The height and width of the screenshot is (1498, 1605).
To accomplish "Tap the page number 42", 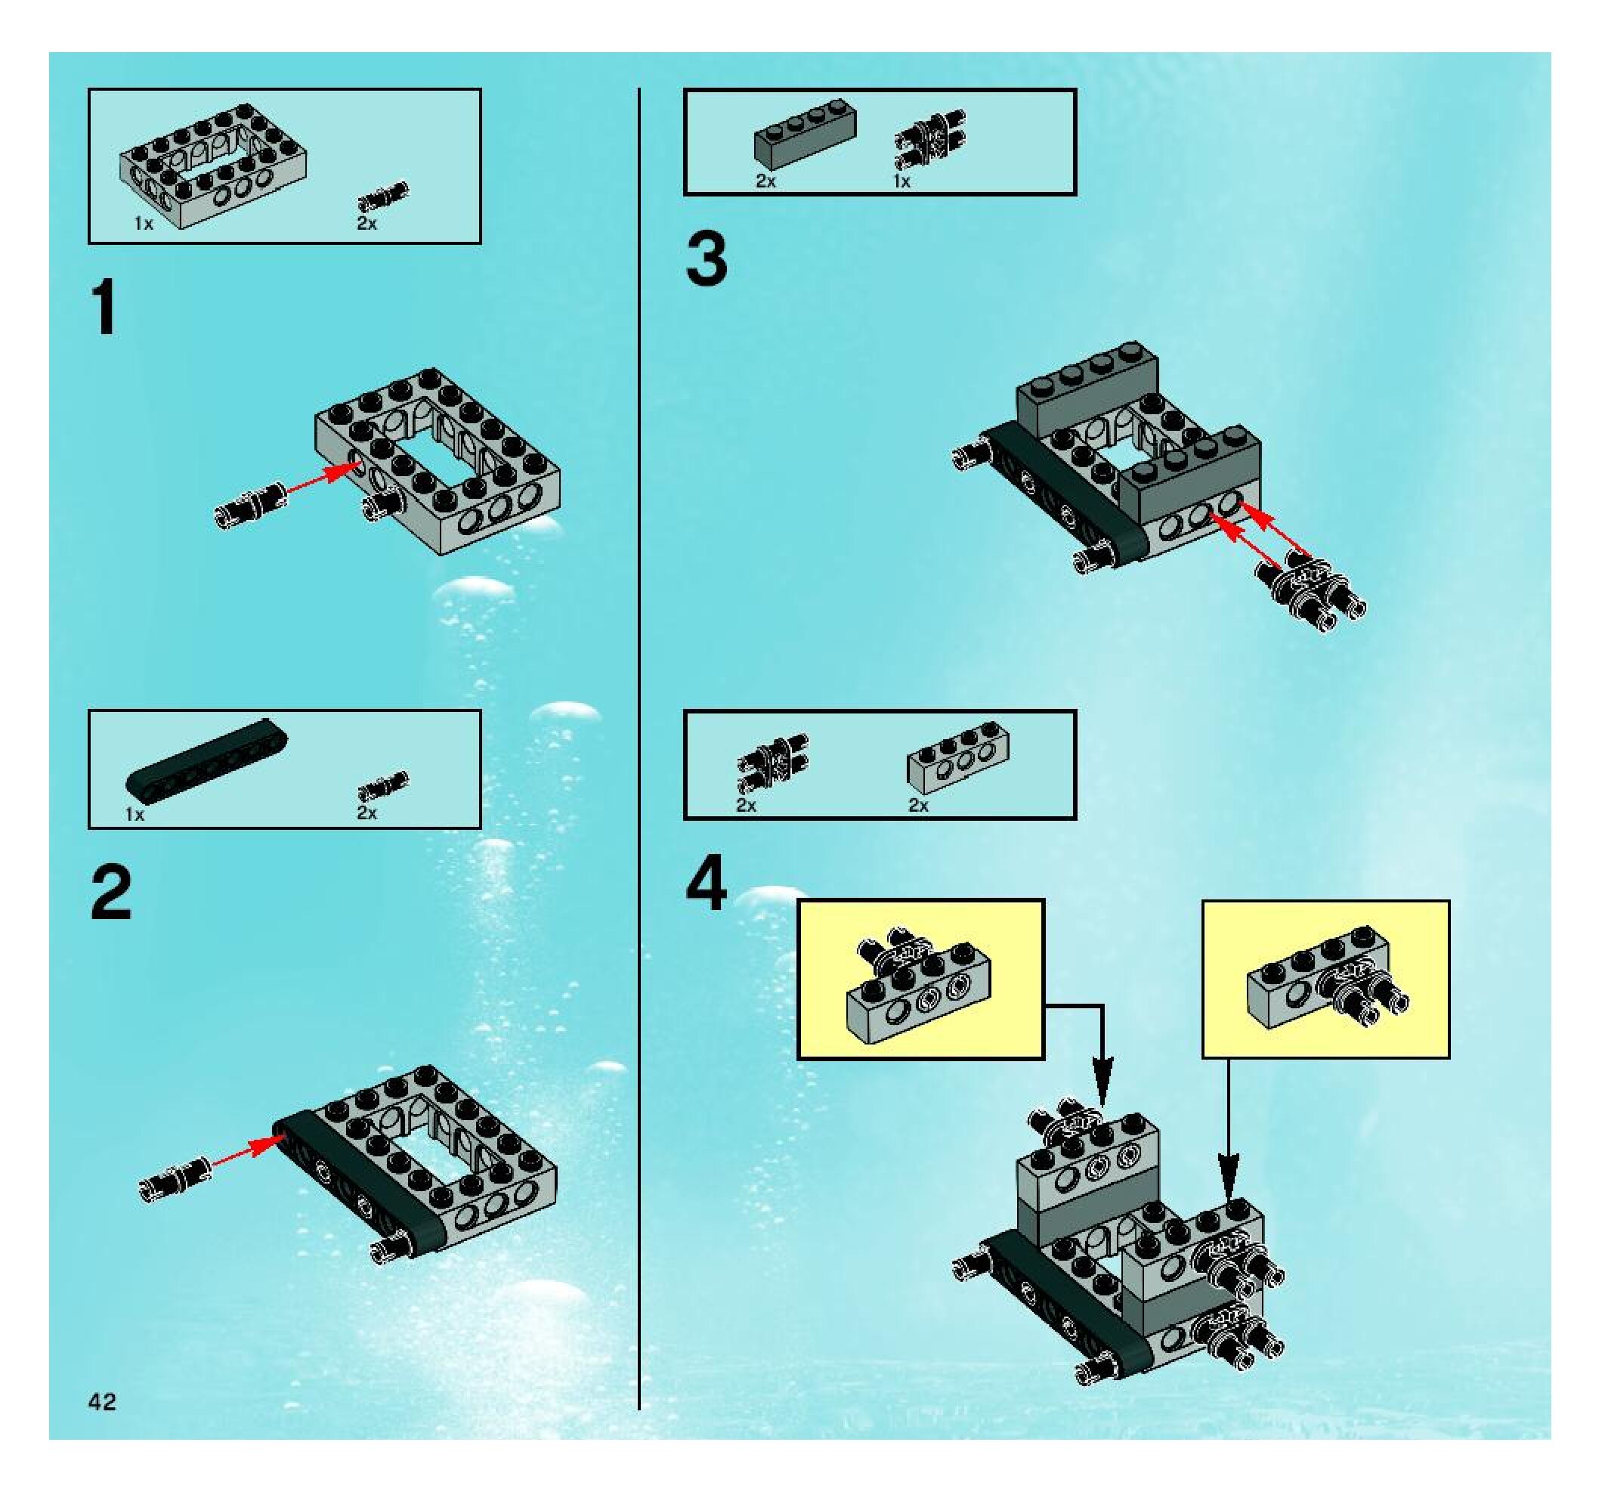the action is [103, 1401].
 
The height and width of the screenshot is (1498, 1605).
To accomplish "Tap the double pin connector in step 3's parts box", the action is [930, 139].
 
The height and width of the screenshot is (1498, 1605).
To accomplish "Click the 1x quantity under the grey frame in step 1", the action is [144, 224].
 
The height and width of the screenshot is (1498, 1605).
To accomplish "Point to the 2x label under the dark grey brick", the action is [765, 181].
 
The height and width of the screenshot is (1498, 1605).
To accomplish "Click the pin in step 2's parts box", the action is [383, 786].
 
